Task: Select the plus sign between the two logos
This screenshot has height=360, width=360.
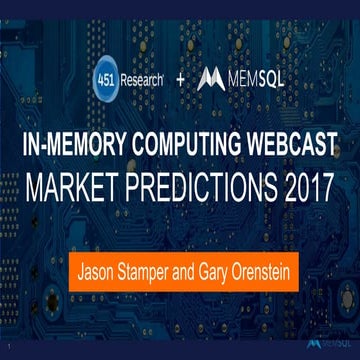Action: pos(180,78)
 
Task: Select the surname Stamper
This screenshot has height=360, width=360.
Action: pos(149,271)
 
